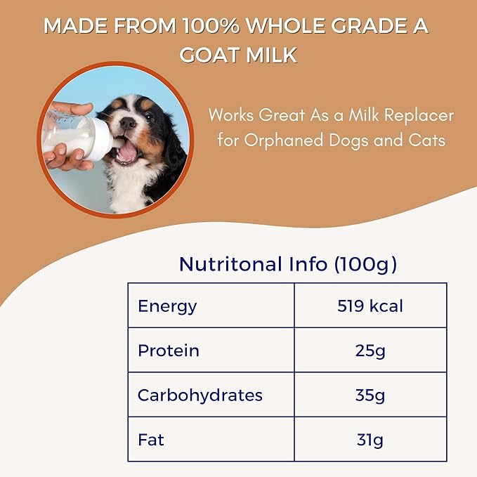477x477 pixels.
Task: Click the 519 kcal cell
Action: coord(370,306)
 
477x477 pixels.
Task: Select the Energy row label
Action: coord(167,306)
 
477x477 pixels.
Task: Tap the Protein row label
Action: coord(169,351)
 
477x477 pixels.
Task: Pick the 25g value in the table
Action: coord(370,351)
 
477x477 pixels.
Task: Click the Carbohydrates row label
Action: coord(200,395)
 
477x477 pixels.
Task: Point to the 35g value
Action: coord(370,395)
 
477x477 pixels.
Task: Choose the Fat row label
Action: coord(152,440)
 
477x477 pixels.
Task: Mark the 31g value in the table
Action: coord(370,440)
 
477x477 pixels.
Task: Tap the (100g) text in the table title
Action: coord(365,264)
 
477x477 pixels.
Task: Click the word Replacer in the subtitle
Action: coord(417,115)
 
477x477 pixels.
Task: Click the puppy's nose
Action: coord(128,123)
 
